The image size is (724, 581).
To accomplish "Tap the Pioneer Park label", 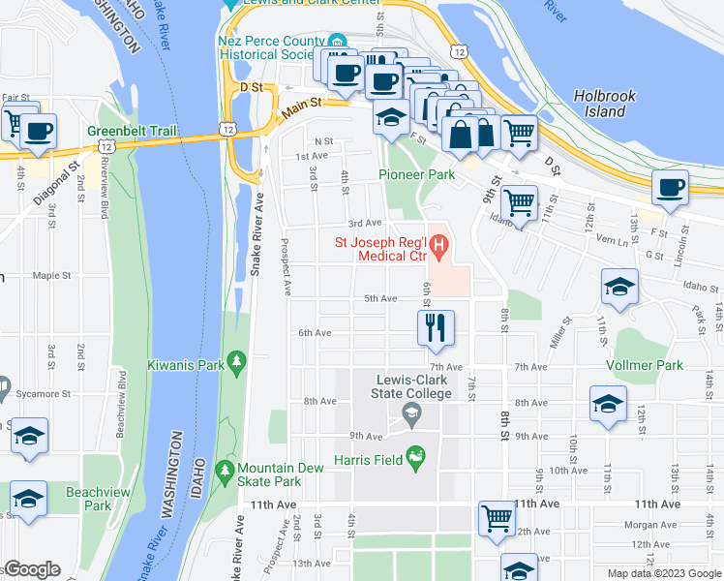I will (416, 175).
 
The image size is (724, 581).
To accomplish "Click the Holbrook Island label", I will (613, 104).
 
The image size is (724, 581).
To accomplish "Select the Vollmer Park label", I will (644, 365).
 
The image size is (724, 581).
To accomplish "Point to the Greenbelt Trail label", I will (127, 131).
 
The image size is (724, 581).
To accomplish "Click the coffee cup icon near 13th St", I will (670, 188).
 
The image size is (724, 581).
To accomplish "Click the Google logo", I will (32, 569).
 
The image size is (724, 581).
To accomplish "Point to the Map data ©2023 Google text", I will (663, 573).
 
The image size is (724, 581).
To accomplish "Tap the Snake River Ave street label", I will (257, 242).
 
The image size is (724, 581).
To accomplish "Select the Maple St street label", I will (47, 275).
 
